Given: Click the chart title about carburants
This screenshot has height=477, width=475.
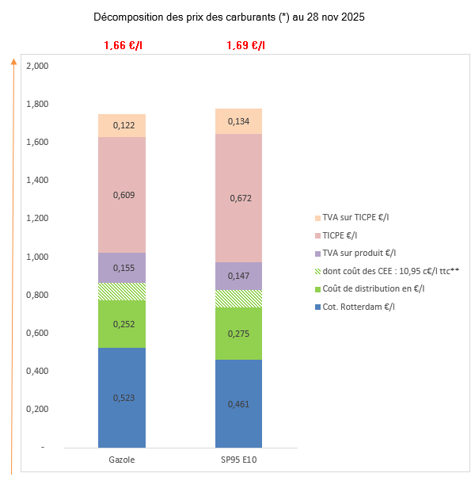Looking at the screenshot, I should [229, 17].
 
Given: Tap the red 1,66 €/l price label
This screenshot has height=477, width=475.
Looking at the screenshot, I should [123, 45].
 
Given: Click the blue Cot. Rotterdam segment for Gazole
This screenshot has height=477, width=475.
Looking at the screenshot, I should [122, 398].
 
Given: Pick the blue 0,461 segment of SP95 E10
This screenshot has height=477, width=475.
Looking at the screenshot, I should [239, 403].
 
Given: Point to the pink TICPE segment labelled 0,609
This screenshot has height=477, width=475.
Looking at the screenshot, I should [122, 195].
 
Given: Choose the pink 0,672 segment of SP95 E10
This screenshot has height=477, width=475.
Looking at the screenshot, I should [239, 198].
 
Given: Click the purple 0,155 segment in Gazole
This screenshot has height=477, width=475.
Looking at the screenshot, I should [122, 268].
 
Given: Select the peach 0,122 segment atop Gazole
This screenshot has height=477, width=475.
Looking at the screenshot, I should [122, 125].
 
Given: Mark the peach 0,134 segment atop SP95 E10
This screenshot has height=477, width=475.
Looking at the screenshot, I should [239, 121].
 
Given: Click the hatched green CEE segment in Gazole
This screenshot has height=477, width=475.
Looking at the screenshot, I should [122, 292].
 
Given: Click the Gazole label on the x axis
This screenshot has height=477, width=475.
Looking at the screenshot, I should [121, 459].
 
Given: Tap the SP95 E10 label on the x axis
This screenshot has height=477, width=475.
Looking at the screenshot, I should [239, 459].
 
